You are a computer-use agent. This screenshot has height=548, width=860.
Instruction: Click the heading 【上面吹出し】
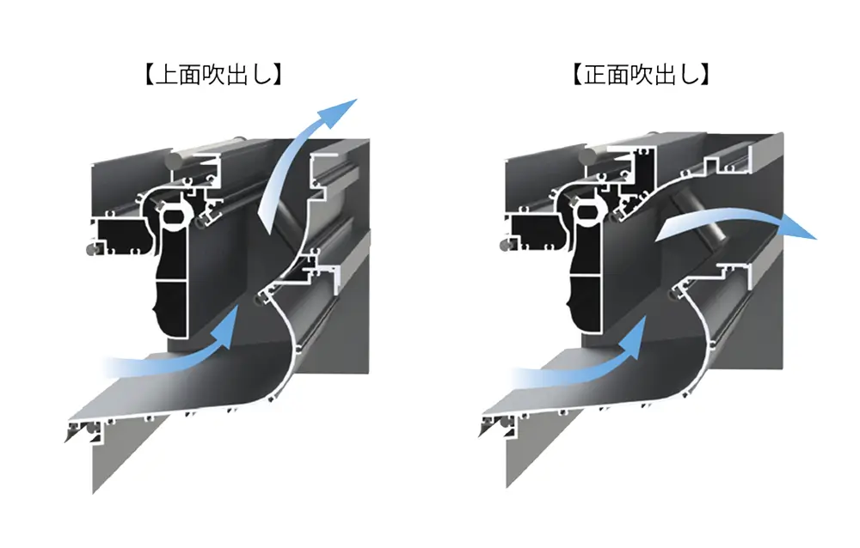(x=213, y=75)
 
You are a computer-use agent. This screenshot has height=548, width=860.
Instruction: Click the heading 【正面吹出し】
(x=642, y=75)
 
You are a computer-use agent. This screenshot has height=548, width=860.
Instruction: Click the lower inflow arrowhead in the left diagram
(x=225, y=328)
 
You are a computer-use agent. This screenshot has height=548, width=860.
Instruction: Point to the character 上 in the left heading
(x=168, y=75)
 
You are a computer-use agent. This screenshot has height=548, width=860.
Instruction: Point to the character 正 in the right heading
(x=595, y=75)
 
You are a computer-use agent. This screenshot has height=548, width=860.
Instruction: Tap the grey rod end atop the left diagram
(x=175, y=161)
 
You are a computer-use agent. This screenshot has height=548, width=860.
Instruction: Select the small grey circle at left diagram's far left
(x=92, y=249)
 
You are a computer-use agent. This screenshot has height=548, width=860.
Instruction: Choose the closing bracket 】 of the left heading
(x=278, y=75)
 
